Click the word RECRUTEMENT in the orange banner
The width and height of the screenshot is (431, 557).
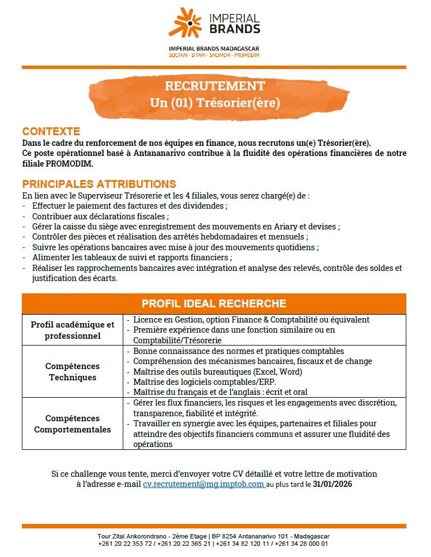click(x=215, y=86)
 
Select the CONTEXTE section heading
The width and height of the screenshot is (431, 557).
click(x=51, y=131)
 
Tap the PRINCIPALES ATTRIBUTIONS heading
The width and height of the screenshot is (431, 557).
click(x=99, y=184)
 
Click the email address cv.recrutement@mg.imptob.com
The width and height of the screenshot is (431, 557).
click(x=203, y=484)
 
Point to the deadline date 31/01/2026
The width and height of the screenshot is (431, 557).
click(x=333, y=484)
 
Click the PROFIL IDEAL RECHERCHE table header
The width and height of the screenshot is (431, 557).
click(x=214, y=303)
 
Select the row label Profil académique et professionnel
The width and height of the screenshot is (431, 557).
click(x=72, y=330)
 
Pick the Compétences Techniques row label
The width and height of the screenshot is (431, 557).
click(x=72, y=371)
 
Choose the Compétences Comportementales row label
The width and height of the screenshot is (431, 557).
click(x=72, y=423)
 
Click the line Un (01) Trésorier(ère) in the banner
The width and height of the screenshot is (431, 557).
click(x=215, y=103)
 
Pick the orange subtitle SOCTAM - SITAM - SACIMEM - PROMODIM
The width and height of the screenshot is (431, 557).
click(x=214, y=55)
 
